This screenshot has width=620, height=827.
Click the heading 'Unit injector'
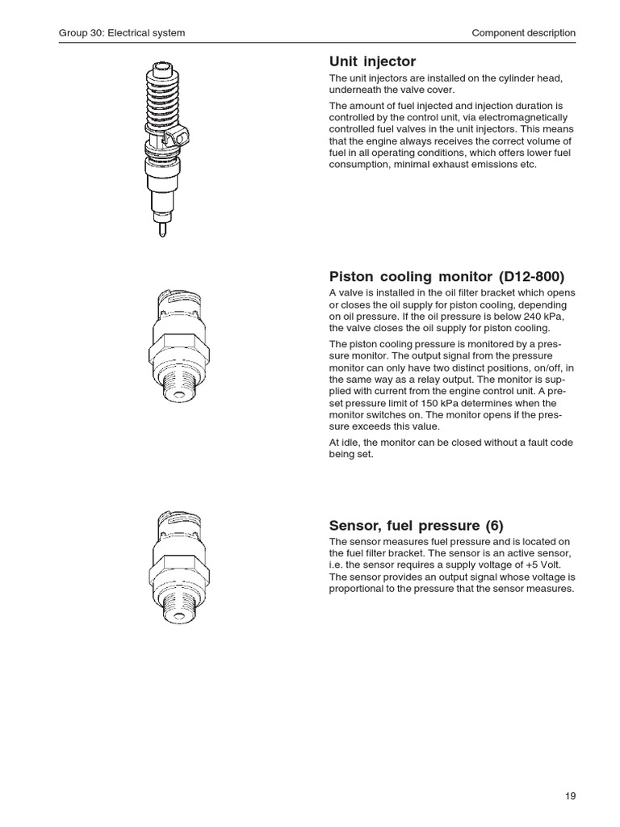[x=372, y=62]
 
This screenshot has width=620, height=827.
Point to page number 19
[x=570, y=796]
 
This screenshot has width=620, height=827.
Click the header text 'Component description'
[x=523, y=33]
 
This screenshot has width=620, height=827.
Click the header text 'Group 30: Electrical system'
[x=122, y=33]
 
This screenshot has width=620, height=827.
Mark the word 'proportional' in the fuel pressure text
[x=358, y=589]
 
